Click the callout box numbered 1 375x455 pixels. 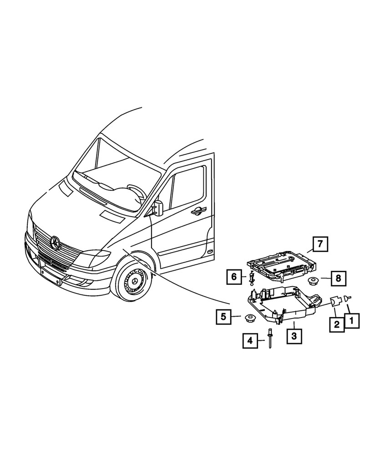pyautogui.click(x=351, y=321)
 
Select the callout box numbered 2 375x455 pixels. pyautogui.click(x=336, y=324)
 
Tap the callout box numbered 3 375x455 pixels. pyautogui.click(x=294, y=336)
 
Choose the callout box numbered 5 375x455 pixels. pyautogui.click(x=223, y=316)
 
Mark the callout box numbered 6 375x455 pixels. pyautogui.click(x=233, y=276)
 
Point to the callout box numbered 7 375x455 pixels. pyautogui.click(x=320, y=244)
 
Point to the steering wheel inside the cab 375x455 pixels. pyautogui.click(x=137, y=191)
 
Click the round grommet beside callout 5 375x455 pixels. pyautogui.click(x=249, y=317)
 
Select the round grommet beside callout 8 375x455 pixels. pyautogui.click(x=313, y=280)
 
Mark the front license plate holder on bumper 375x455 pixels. pyautogui.click(x=51, y=277)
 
